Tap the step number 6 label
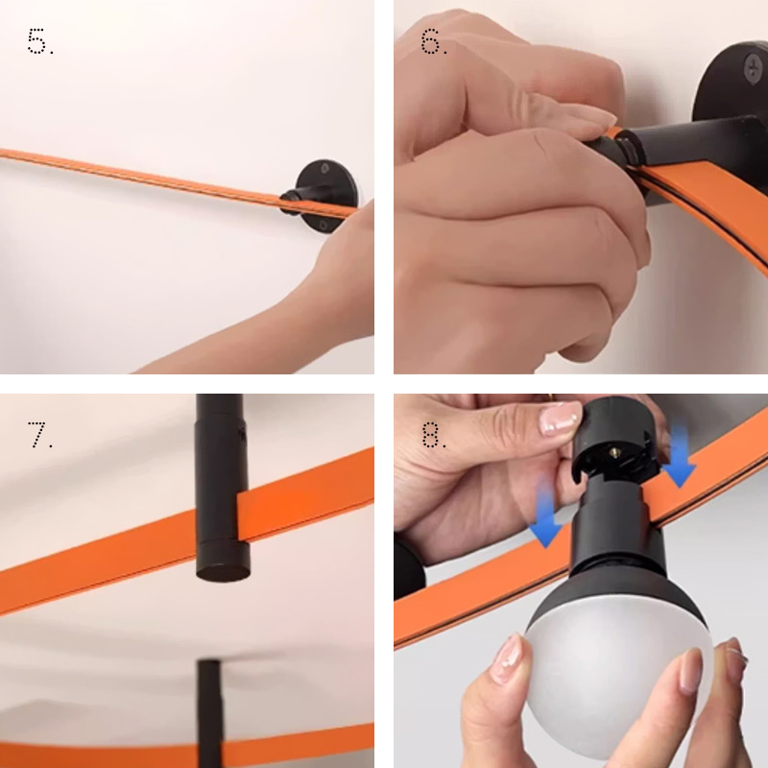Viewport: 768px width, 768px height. [x=434, y=41]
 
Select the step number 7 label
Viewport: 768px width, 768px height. [x=39, y=435]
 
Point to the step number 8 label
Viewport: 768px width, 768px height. [x=434, y=435]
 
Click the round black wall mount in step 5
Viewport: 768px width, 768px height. [x=326, y=196]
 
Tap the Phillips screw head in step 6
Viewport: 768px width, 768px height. [x=753, y=67]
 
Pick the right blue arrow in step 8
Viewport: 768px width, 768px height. [x=680, y=455]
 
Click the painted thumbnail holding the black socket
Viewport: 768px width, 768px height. [x=561, y=419]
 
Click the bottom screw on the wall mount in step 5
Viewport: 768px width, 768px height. [x=324, y=225]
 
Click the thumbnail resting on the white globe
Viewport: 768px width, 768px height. [x=510, y=658]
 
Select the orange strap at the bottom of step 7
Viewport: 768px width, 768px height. [x=186, y=745]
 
